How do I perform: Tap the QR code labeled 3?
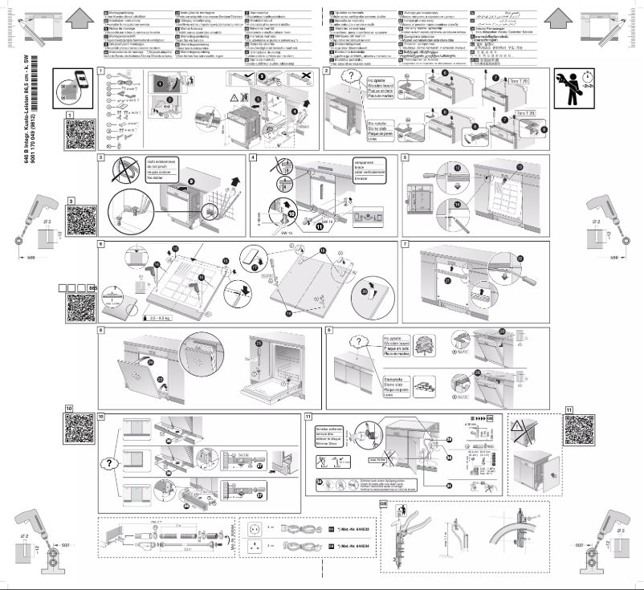point(81,217)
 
